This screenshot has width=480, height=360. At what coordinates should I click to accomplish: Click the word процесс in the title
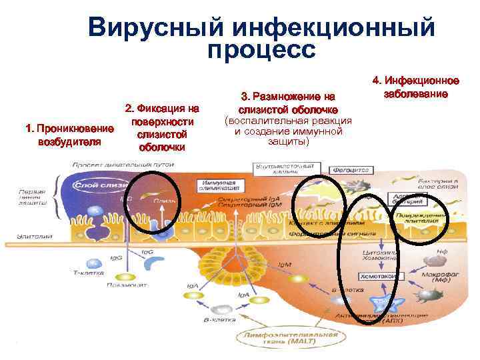[x=261, y=49]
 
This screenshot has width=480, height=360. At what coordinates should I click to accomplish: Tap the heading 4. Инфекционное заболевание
[x=416, y=87]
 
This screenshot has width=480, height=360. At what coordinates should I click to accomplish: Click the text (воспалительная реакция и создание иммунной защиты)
[x=288, y=131]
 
